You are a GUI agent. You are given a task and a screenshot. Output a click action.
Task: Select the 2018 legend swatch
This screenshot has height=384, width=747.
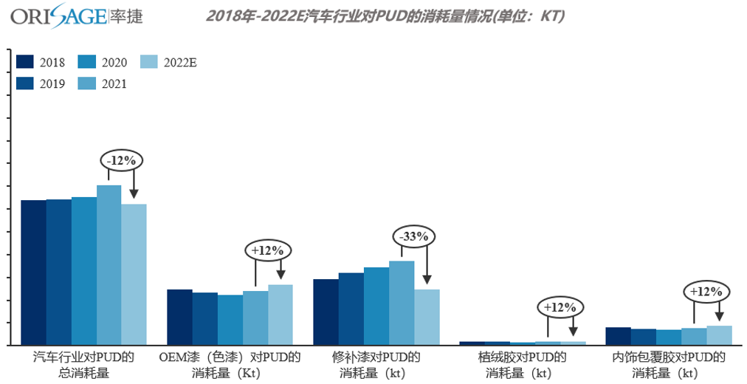coord(26,62)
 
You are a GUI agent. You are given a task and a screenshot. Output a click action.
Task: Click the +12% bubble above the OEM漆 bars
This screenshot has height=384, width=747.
coord(268,250)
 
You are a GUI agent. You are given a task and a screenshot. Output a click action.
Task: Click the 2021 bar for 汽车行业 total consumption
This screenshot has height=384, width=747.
coord(109,265)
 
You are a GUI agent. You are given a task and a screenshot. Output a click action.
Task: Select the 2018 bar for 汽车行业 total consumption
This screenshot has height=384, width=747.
coord(33,272)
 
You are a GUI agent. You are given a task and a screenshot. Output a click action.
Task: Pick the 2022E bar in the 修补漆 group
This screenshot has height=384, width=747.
coord(427,317)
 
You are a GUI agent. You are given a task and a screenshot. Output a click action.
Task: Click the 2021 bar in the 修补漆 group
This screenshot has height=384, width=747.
coord(402,303)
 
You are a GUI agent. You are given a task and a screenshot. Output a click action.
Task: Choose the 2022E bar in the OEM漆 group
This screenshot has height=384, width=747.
coord(280,315)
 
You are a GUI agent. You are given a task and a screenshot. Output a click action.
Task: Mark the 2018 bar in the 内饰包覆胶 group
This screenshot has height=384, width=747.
coord(618,336)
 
